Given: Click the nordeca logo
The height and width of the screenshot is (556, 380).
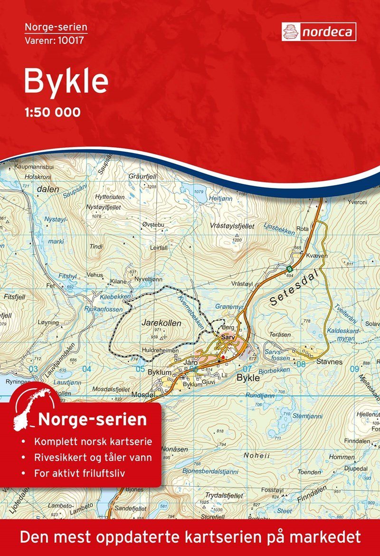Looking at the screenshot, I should pos(318,31).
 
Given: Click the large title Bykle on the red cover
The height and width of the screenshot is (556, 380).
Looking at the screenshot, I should pos(66,81).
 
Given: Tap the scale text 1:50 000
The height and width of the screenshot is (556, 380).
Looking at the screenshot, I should pos(52,113).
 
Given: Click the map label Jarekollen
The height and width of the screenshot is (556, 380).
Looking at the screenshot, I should pos(161,322).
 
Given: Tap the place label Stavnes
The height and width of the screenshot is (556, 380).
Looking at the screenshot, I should pos(329,362).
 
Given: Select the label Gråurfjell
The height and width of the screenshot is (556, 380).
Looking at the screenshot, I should pos(142,176).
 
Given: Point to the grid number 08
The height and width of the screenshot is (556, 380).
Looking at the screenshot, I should pos(300,364).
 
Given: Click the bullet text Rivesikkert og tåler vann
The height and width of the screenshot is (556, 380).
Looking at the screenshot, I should pos(93,458).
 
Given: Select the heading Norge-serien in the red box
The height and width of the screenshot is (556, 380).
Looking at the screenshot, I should pos(93,420).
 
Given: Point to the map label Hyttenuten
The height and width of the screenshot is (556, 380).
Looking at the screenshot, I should pos(109,197).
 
